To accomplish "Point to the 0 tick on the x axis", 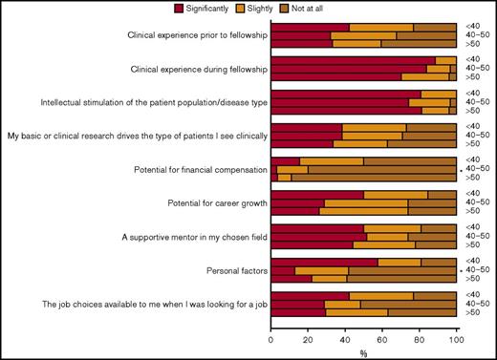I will click(x=271, y=338).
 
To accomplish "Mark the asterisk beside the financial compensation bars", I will click(x=461, y=171).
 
